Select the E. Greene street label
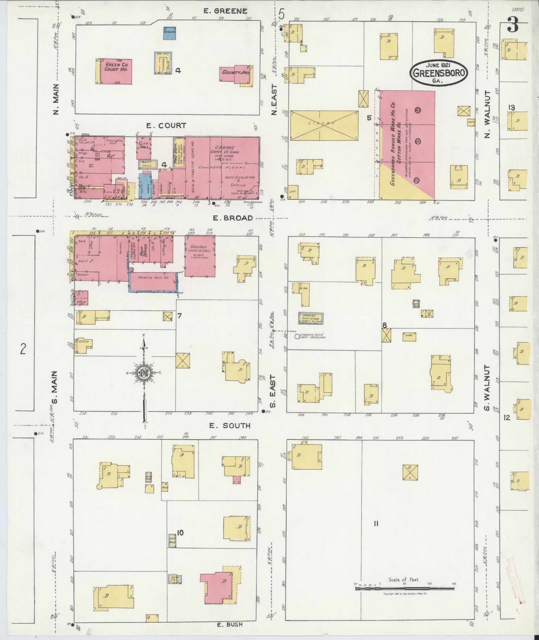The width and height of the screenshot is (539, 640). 226,11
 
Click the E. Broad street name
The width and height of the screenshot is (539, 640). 233,218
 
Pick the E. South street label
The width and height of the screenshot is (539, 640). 230,426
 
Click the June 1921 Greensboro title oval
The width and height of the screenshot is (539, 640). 439,73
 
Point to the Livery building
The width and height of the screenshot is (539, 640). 324,125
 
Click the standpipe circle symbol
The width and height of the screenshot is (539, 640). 297,337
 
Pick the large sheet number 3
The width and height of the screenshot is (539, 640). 512,24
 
